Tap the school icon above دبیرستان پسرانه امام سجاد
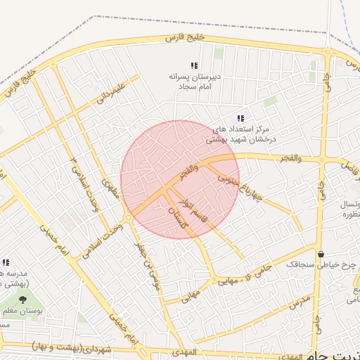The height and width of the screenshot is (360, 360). [x=194, y=65]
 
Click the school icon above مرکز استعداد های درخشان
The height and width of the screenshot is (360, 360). [x=240, y=119]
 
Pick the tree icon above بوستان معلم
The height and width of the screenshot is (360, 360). [x=13, y=300]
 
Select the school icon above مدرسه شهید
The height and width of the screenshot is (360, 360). [x=6, y=262]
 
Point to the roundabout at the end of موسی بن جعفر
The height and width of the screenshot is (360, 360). [x=128, y=217]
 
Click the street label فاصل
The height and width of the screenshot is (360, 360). [x=349, y=166]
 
